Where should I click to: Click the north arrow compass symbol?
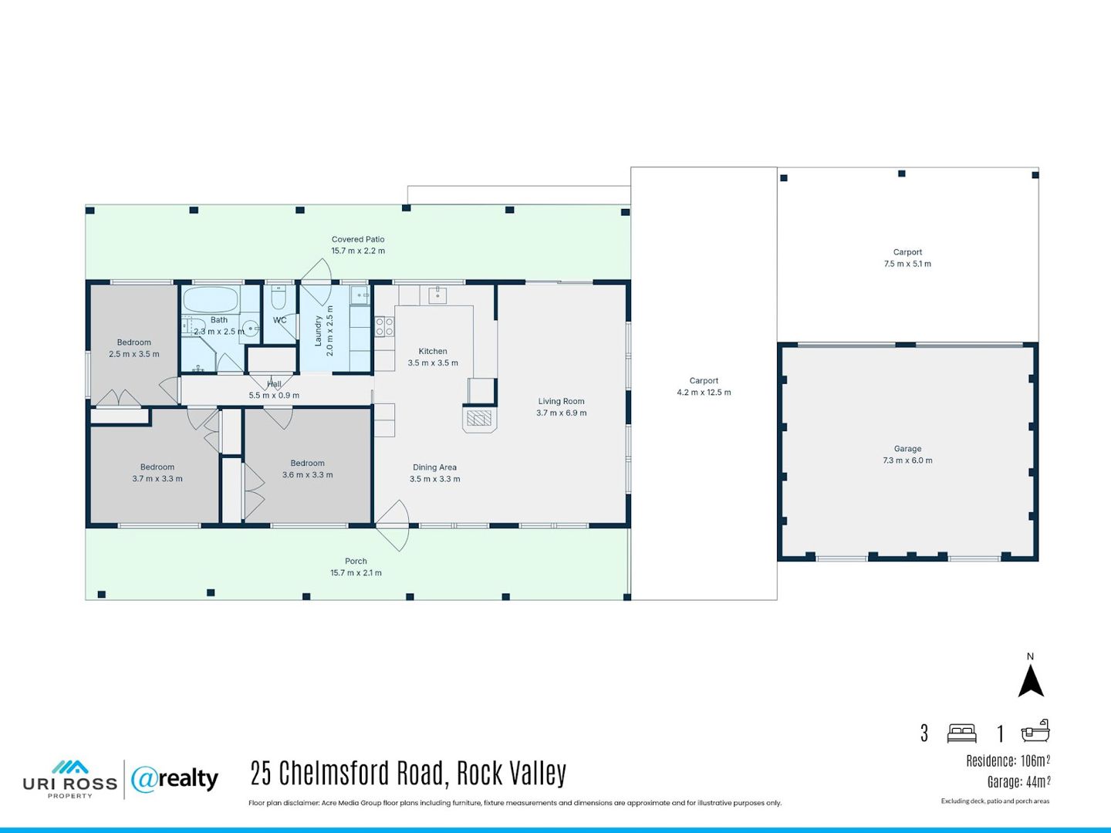point(1031,680)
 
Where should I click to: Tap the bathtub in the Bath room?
point(210,300)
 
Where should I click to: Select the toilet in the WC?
point(279,297)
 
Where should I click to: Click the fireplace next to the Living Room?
point(479,419)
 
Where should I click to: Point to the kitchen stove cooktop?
point(384,326)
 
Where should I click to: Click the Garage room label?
point(907,449)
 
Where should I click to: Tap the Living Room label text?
point(562,401)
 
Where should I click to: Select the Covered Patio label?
point(358,239)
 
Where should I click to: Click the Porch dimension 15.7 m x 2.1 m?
point(356,573)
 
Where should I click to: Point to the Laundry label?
point(319,331)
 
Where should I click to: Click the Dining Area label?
point(435,467)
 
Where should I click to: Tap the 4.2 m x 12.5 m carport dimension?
point(704,393)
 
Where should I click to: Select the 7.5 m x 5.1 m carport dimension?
point(907,264)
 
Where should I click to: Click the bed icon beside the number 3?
point(961,734)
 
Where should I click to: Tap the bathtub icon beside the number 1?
point(1035,731)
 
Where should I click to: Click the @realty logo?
point(174,779)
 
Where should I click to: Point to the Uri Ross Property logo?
point(70,779)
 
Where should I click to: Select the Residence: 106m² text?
point(1008,760)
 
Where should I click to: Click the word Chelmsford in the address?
point(360,774)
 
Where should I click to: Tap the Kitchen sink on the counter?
point(437,295)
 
